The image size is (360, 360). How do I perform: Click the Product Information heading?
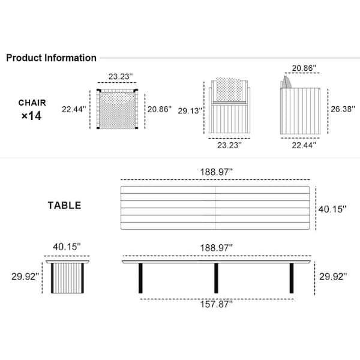pyautogui.click(x=51, y=58)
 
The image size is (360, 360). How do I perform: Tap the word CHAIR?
pyautogui.click(x=32, y=103)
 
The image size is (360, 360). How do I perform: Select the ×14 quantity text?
pyautogui.click(x=31, y=116)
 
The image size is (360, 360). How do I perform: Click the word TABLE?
pyautogui.click(x=65, y=205)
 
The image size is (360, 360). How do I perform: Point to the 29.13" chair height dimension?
pyautogui.click(x=190, y=111)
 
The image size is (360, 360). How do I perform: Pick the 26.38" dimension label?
pyautogui.click(x=343, y=109)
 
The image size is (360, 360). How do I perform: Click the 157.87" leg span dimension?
pyautogui.click(x=216, y=304)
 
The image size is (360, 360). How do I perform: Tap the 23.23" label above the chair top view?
pyautogui.click(x=121, y=76)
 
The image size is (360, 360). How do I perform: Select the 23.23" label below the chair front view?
pyautogui.click(x=229, y=145)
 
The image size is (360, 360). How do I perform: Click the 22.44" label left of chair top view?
pyautogui.click(x=74, y=109)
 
